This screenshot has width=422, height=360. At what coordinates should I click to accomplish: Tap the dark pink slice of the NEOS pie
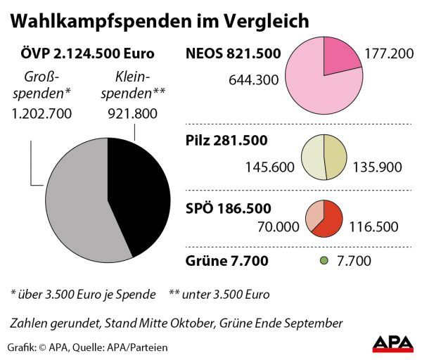(x=341, y=59)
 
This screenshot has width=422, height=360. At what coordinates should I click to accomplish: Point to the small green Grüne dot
(x=324, y=261)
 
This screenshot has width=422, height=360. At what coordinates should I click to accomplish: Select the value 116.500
(x=373, y=227)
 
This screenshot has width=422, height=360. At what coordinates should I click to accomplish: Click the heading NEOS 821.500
(x=233, y=53)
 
